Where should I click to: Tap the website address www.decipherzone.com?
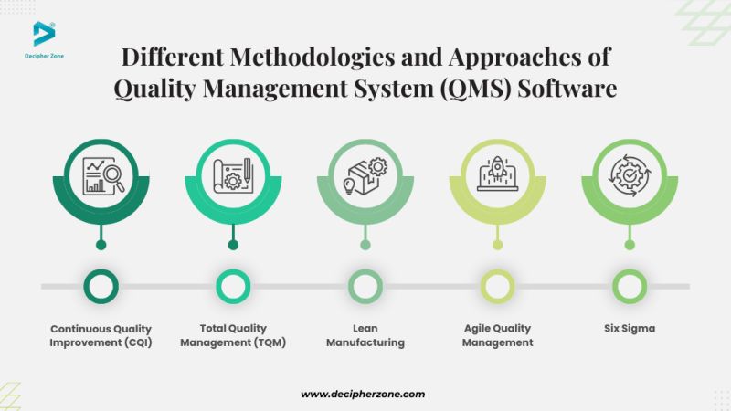coord(363,394)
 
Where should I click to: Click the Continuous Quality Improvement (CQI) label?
coord(101,335)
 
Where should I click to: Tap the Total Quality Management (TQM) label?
coord(232,335)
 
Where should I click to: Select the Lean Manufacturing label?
coord(365,335)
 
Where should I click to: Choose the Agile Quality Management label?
coord(497,335)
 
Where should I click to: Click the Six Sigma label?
coord(630,329)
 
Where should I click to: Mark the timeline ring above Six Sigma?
coord(630,286)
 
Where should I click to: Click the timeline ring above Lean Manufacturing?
coord(365,286)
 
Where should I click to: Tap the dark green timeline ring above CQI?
coord(101,286)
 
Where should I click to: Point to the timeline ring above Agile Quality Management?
coord(497,286)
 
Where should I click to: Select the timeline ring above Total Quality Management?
coord(232,286)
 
